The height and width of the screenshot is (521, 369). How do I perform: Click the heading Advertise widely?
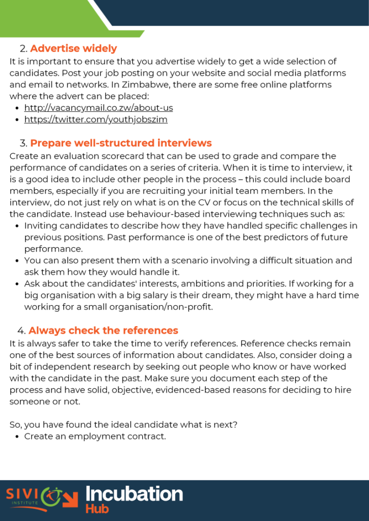(x=73, y=49)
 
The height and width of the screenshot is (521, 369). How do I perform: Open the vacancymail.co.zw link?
(x=98, y=108)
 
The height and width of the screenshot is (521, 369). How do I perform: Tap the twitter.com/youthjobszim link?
(x=96, y=120)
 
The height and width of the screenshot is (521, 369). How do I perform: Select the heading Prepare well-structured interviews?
(x=121, y=143)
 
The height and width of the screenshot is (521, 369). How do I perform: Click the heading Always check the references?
(x=103, y=331)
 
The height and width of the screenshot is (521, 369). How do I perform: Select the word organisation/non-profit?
(x=161, y=307)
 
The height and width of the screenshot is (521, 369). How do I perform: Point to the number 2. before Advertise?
(x=23, y=49)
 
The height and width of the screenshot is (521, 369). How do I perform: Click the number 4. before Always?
(x=23, y=331)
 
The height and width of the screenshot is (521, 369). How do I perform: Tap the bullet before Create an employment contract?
(x=18, y=437)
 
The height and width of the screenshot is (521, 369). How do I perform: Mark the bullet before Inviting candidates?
(x=18, y=225)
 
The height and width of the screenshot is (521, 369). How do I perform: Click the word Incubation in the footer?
(x=134, y=494)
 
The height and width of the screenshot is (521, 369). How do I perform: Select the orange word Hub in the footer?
(x=97, y=508)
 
